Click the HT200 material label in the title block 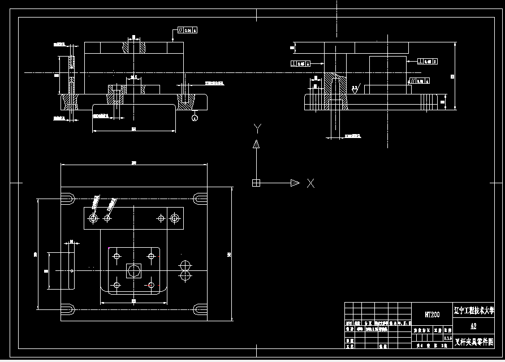pyautogui.click(x=432, y=314)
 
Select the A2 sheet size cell pyautogui.click(x=473, y=326)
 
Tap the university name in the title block pyautogui.click(x=473, y=311)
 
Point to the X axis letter pyautogui.click(x=310, y=183)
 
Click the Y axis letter pyautogui.click(x=257, y=128)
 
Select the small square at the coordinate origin pyautogui.click(x=256, y=183)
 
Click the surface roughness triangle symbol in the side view pyautogui.click(x=354, y=88)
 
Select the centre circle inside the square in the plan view pyautogui.click(x=134, y=270)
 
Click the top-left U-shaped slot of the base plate pyautogui.click(x=68, y=199)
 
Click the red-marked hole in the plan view pyautogui.click(x=150, y=285)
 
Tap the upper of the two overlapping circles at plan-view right pyautogui.click(x=184, y=265)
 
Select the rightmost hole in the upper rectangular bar pyautogui.click(x=175, y=217)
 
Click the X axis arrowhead pyautogui.click(x=294, y=183)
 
